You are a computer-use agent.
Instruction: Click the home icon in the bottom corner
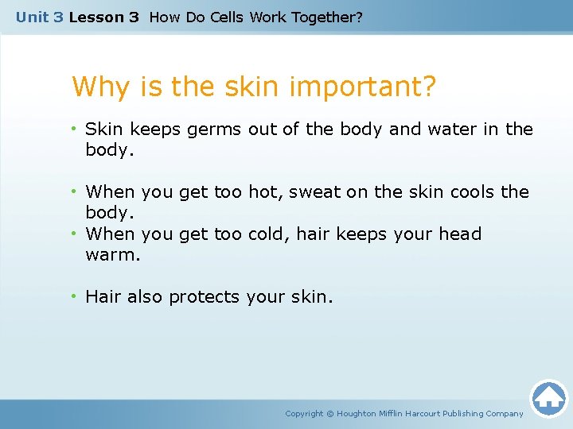548,397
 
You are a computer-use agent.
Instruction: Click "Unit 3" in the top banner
39,17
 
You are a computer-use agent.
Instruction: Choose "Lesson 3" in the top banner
103,17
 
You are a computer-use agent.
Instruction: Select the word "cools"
471,191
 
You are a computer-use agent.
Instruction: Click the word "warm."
112,255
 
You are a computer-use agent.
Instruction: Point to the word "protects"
204,297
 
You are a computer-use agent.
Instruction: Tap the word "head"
459,234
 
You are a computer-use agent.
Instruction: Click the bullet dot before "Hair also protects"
74,296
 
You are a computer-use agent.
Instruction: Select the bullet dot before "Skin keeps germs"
74,129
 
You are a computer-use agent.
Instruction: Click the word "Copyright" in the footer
304,413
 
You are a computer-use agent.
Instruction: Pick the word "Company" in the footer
505,413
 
